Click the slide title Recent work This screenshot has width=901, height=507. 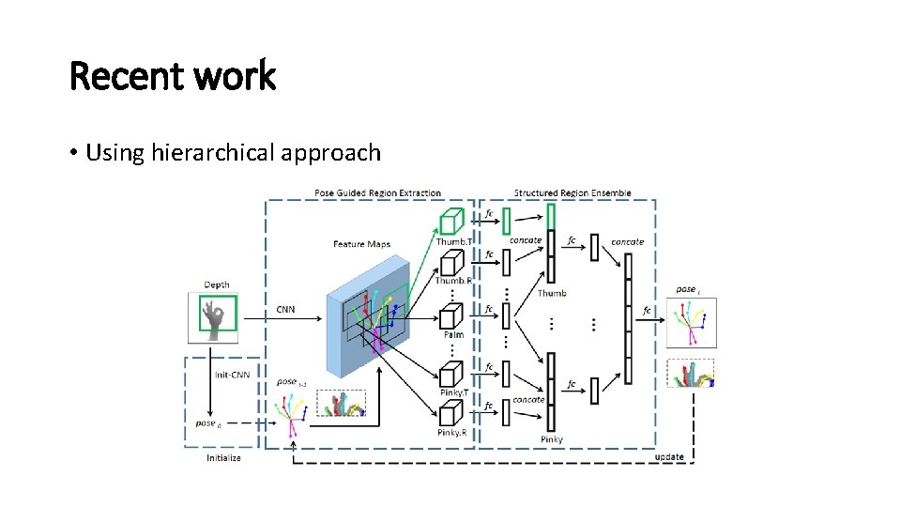point(173,76)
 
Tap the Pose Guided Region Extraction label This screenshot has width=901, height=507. point(377,193)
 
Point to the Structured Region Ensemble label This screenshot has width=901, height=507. point(573,193)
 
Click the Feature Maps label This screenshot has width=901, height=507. point(361,244)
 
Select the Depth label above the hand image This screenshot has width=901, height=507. point(217,284)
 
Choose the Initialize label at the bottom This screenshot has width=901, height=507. point(223,457)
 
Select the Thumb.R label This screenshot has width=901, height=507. point(453,280)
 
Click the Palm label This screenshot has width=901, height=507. point(453,335)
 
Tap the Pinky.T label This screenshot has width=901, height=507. point(454,392)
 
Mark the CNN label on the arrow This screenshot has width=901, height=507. point(284,309)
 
